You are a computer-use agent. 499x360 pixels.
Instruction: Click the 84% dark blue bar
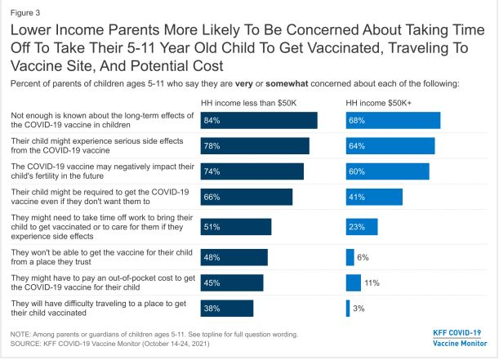259,120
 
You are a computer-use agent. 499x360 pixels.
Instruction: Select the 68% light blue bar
393,120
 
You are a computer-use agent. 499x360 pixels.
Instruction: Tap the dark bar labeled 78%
255,145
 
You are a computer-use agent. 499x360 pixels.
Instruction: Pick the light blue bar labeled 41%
374,197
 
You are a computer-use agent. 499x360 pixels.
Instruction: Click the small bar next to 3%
348,308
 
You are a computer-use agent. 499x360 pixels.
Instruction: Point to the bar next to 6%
350,257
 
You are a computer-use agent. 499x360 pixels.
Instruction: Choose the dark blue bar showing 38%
227,308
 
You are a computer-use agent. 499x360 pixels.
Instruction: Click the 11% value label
371,282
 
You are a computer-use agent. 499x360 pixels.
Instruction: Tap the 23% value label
356,226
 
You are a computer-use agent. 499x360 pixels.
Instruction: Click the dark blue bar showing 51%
236,226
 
